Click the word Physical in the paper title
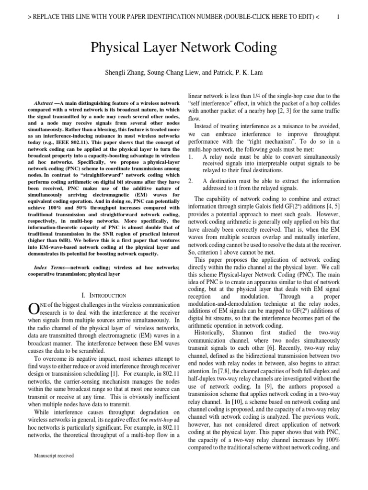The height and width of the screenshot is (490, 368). (118, 48)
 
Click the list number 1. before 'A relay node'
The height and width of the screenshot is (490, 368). (191, 156)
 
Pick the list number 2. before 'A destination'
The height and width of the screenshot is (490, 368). (191, 181)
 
